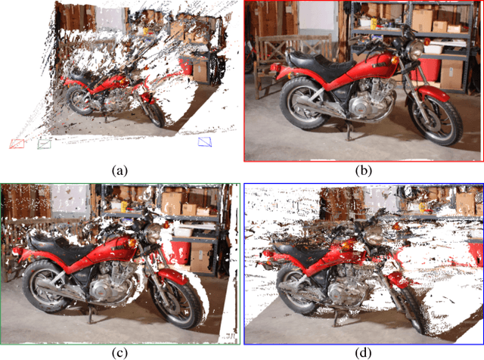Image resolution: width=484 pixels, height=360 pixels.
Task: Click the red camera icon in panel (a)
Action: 17,143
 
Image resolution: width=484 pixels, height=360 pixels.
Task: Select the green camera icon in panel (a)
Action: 45,141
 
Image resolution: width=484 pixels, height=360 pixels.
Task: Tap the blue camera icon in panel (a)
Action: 205,141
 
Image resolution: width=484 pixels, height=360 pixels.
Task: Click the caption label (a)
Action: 119,171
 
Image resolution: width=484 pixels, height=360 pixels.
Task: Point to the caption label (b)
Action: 364,171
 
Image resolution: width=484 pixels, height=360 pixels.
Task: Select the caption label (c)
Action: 119,351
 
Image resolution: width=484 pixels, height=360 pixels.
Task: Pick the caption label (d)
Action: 364,351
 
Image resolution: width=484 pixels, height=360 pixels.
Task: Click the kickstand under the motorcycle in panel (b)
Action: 349,136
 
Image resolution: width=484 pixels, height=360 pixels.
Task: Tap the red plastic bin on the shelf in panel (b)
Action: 428,67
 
